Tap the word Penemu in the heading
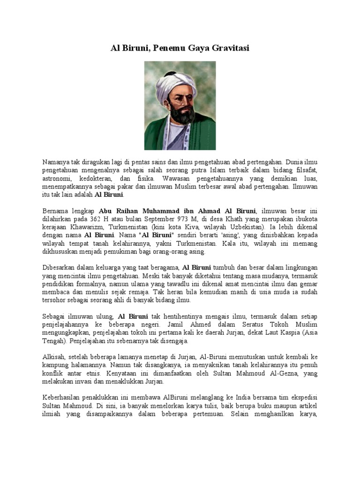165,48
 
